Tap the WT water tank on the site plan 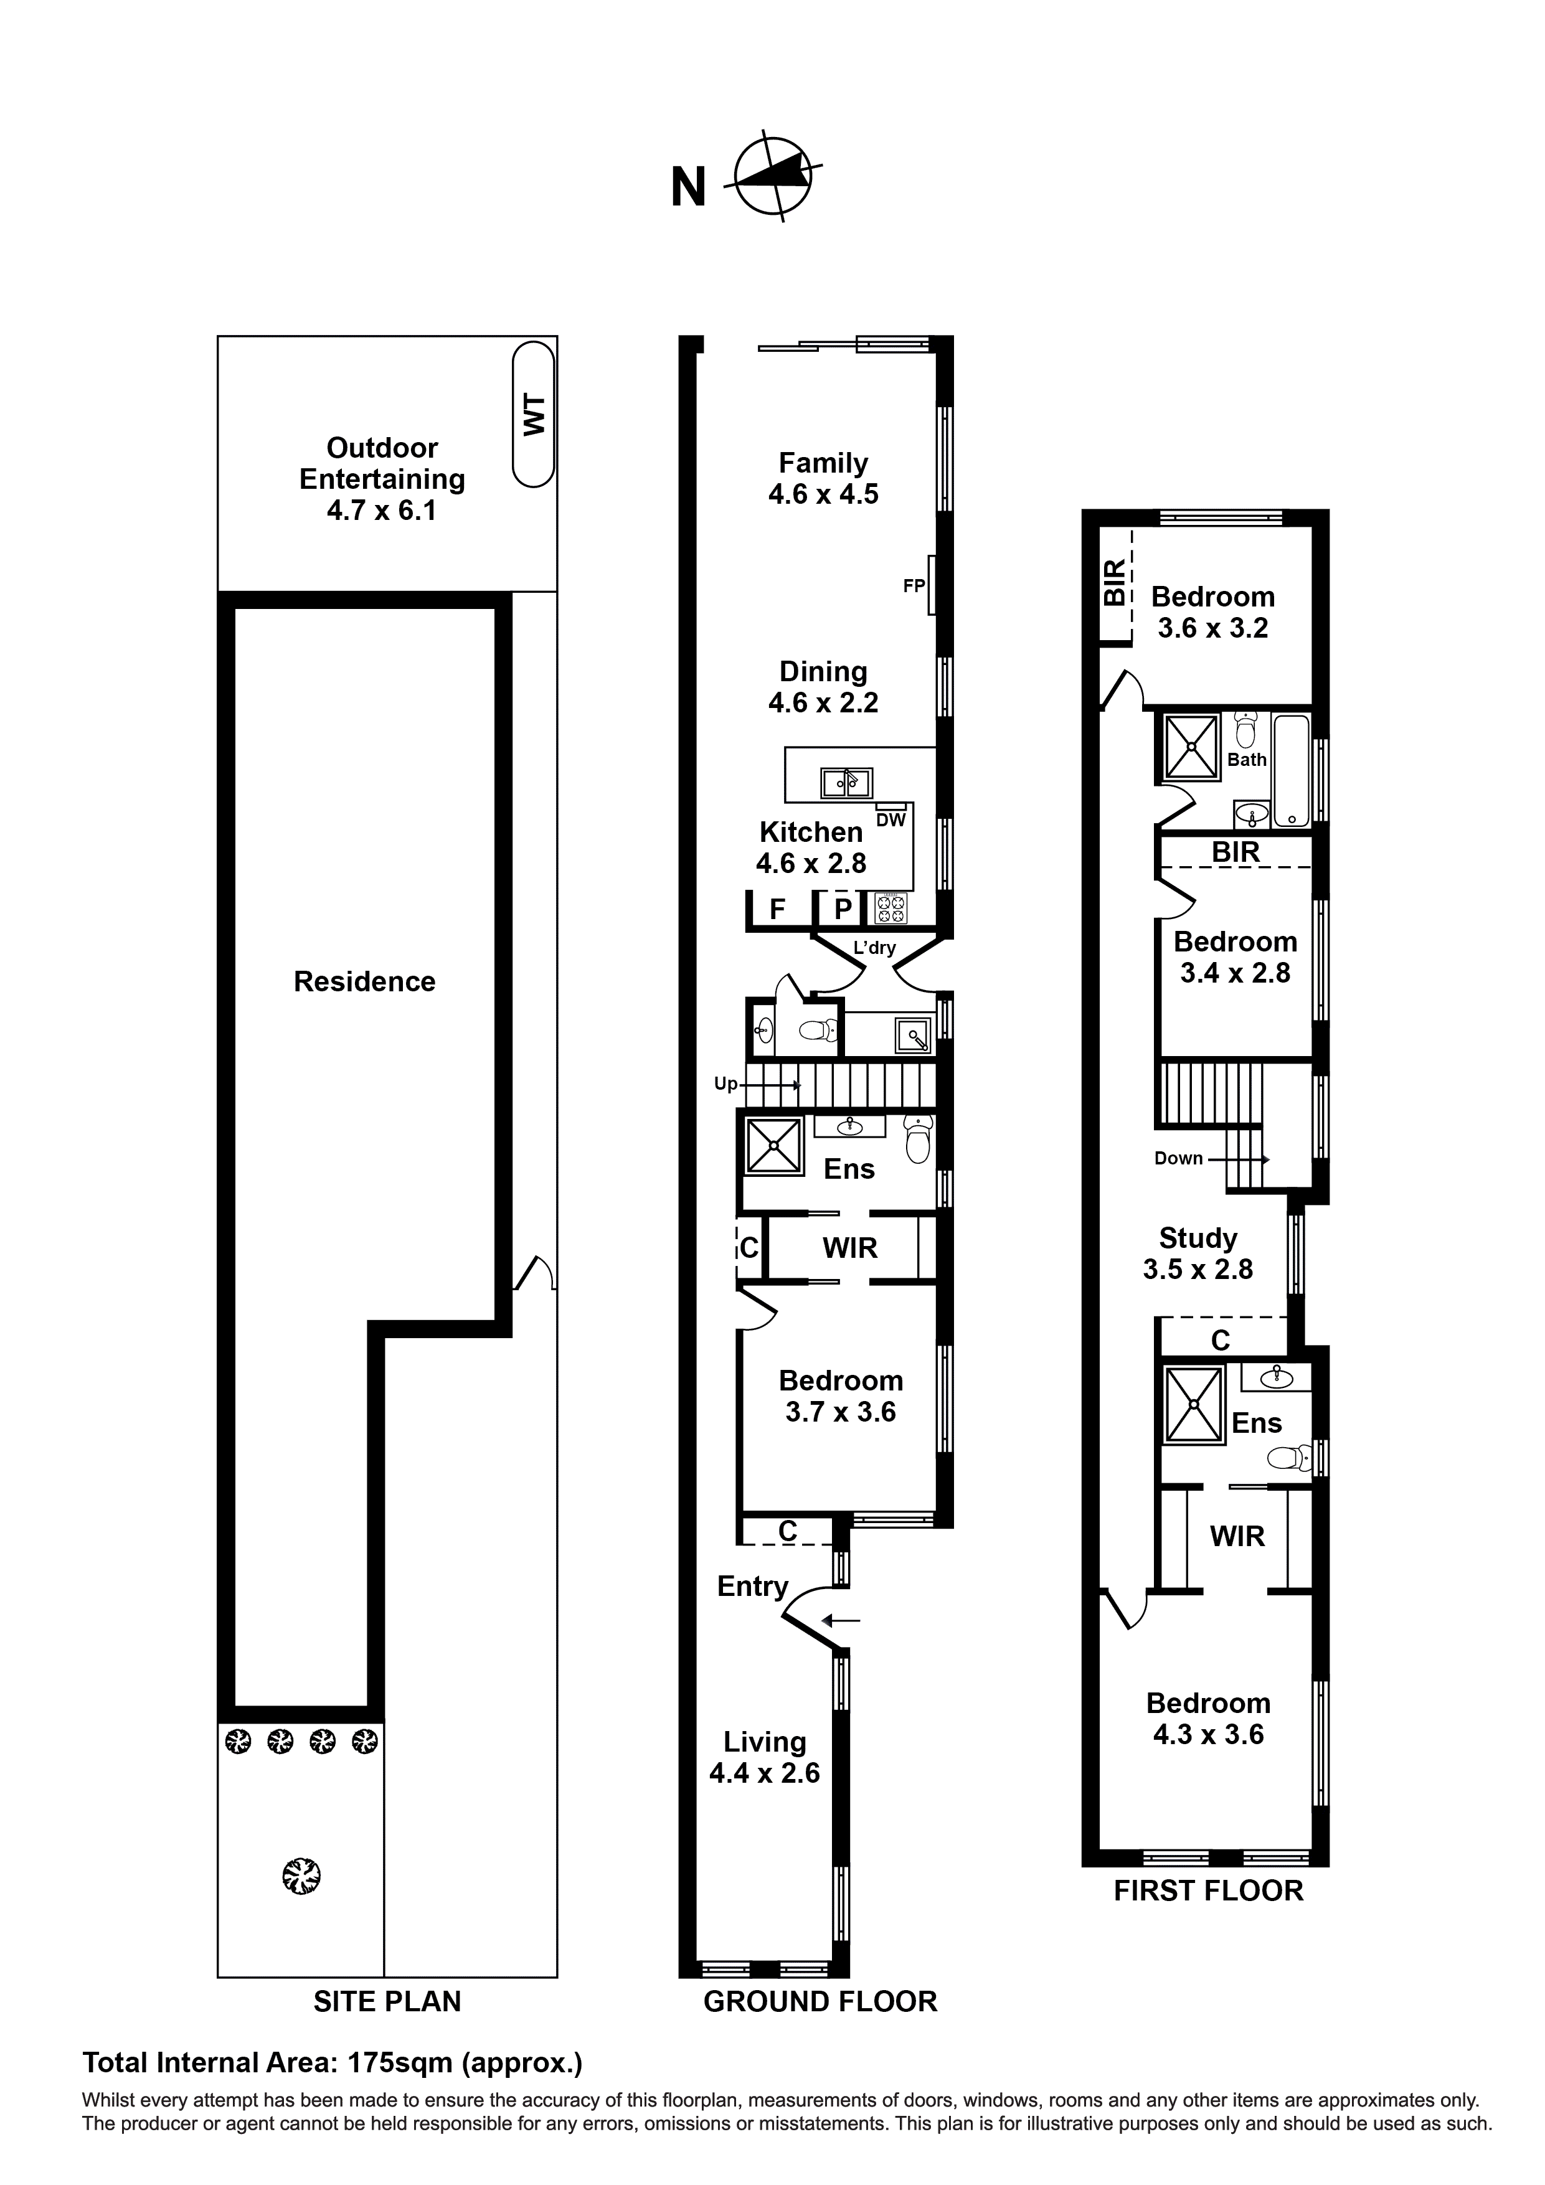533,415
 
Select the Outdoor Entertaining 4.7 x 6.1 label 382,479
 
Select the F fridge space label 777,910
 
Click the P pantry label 843,910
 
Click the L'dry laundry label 873,948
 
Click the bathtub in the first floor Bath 1292,771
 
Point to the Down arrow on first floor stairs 1237,1158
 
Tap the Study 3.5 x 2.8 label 1198,1253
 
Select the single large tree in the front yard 302,1877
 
